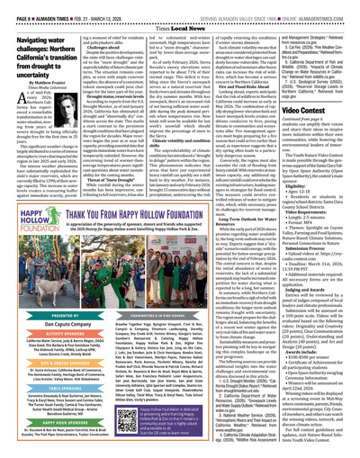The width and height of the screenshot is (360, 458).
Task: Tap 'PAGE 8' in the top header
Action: [x=16, y=4]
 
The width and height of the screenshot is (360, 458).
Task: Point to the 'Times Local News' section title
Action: [x=179, y=15]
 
